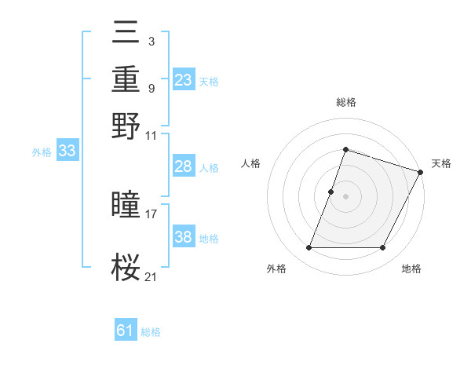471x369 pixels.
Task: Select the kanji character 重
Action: pyautogui.click(x=126, y=80)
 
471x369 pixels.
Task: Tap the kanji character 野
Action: pyautogui.click(x=126, y=126)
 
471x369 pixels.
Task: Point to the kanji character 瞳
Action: pyautogui.click(x=126, y=206)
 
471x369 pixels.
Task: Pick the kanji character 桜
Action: pyautogui.click(x=126, y=268)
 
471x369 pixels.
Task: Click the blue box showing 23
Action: pyautogui.click(x=184, y=80)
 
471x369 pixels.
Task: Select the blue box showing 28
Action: pyautogui.click(x=184, y=166)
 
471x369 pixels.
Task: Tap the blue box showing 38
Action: pyautogui.click(x=184, y=237)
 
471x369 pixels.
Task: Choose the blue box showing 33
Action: pyautogui.click(x=67, y=152)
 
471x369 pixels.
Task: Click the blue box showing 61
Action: pyautogui.click(x=126, y=331)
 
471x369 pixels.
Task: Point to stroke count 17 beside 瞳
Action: pyautogui.click(x=152, y=213)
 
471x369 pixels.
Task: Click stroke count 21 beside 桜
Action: pyautogui.click(x=152, y=276)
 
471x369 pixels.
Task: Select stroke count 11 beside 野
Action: pyautogui.click(x=152, y=134)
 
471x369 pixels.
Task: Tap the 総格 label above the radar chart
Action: pyautogui.click(x=345, y=102)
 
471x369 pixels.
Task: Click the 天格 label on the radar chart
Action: pyautogui.click(x=441, y=163)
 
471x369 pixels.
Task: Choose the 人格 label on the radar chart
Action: pyautogui.click(x=250, y=163)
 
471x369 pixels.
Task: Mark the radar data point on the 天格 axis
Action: pyautogui.click(x=420, y=171)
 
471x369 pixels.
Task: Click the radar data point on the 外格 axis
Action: pyautogui.click(x=309, y=248)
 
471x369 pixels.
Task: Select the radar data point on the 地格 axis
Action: pyautogui.click(x=383, y=248)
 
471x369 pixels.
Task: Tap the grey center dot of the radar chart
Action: pyautogui.click(x=345, y=195)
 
